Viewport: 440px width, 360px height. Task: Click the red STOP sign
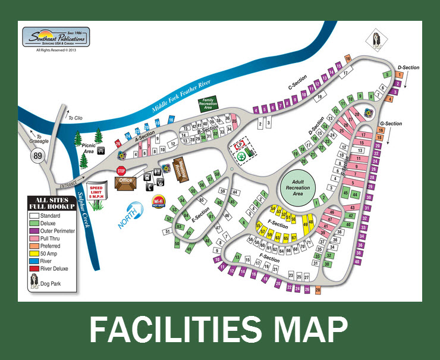(121, 171)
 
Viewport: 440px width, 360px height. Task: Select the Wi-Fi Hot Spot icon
(158, 201)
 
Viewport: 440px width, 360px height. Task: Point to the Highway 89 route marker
(37, 155)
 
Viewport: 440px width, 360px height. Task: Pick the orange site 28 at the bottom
(318, 290)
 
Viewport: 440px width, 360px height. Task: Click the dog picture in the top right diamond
(377, 40)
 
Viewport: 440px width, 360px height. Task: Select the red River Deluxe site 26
(118, 143)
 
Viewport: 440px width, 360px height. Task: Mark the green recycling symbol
(242, 156)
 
